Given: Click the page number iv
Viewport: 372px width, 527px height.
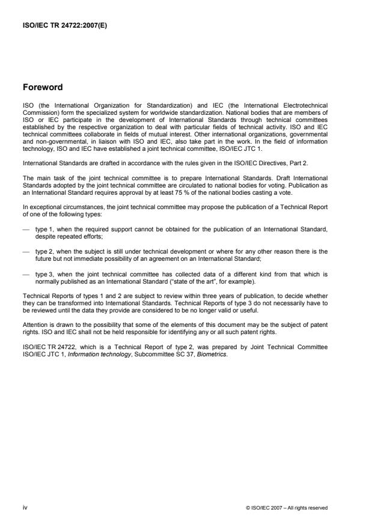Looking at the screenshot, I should click(25, 508).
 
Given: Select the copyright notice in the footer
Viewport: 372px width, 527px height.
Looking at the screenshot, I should click(287, 508).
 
